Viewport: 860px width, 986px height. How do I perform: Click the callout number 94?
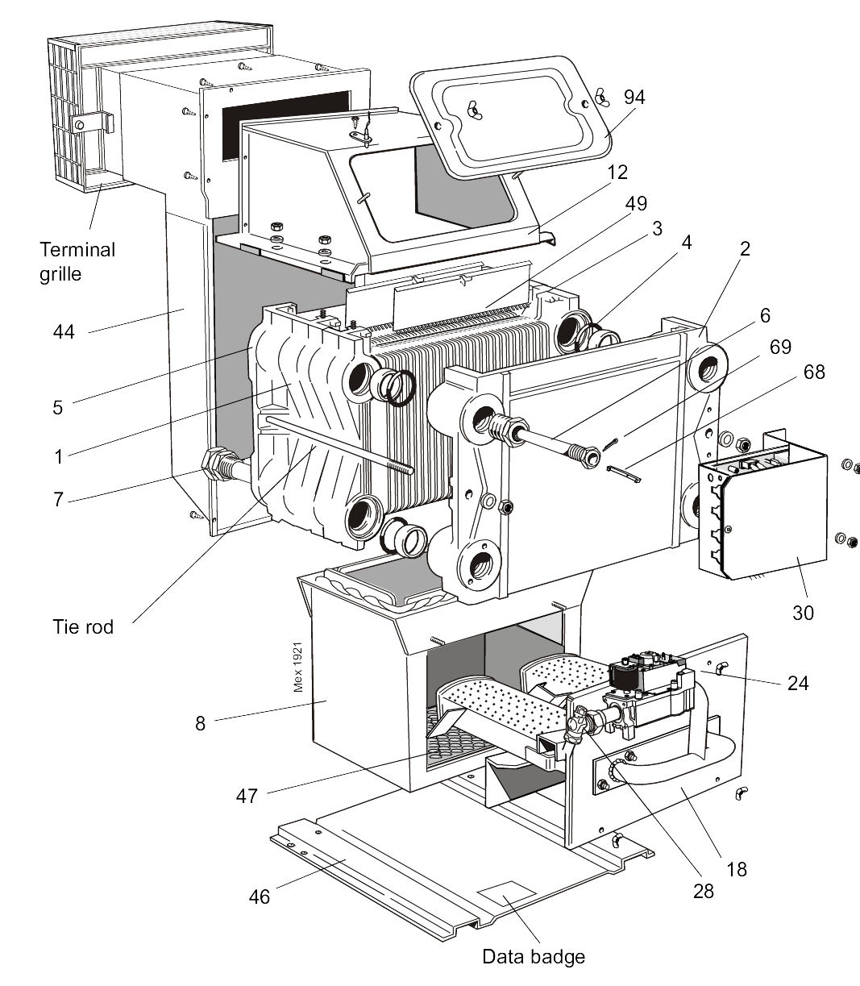pos(634,98)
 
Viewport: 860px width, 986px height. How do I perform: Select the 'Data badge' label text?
pos(533,957)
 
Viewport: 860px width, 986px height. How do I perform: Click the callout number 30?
pos(803,612)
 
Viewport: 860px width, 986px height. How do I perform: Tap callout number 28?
pos(703,892)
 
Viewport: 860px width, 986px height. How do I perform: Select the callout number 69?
pos(779,347)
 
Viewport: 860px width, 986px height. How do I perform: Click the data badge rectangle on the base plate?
pos(506,894)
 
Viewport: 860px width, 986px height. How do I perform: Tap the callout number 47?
pos(247,796)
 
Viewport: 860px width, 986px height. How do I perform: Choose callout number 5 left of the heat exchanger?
pos(57,407)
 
